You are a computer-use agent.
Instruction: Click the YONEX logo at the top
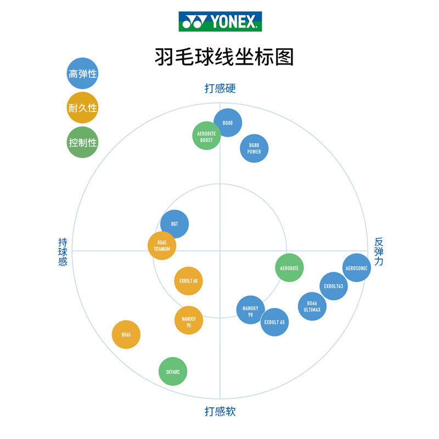pos(220,21)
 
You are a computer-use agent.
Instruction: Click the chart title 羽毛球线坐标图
pos(220,57)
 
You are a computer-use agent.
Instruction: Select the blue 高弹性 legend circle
pos(82,74)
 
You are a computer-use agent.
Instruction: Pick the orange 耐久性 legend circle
pos(82,108)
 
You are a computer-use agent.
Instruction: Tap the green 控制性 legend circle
pos(82,142)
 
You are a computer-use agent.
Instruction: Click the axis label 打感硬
pos(220,88)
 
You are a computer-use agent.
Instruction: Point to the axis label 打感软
pos(220,411)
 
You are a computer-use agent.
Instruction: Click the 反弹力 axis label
pos(379,251)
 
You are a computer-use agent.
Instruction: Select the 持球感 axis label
pos(63,252)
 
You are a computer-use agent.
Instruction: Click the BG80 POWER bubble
pos(254,148)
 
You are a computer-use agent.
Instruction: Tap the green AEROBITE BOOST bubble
pos(206,136)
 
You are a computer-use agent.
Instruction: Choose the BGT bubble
pos(175,224)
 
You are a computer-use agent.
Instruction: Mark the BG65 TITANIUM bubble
pos(162,246)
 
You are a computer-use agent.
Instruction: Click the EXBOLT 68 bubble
pos(188,281)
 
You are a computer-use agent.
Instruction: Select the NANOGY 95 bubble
pos(189,320)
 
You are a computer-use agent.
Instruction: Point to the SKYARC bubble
pos(173,372)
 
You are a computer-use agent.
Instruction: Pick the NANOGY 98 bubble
pos(250,310)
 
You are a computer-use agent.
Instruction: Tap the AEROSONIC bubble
pos(357,268)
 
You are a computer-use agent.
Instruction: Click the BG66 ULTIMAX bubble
pos(312,306)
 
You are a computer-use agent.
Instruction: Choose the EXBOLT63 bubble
pos(334,286)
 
